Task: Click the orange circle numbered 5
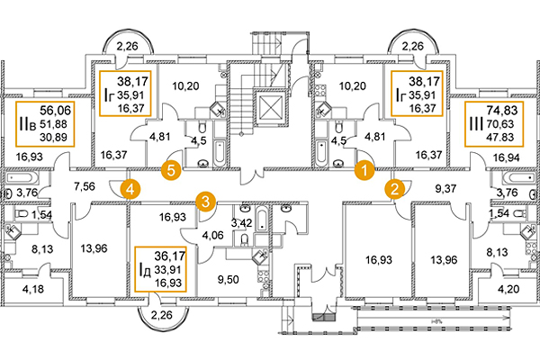167,167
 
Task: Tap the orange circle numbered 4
130,189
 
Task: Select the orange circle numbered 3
206,200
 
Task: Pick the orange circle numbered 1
364,167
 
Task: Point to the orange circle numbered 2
394,189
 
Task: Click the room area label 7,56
84,187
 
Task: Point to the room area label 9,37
447,189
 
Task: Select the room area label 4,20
509,290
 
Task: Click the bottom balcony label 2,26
163,316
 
